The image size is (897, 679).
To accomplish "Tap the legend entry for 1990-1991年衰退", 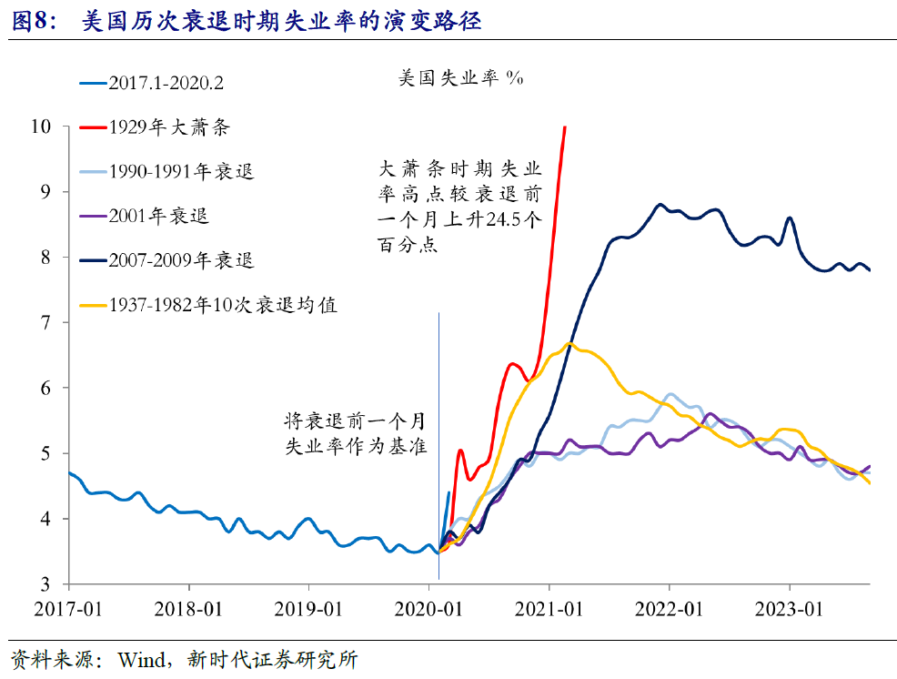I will coord(180,172).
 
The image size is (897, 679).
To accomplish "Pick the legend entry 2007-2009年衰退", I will coord(180,260).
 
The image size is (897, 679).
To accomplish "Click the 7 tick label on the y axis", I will coord(51,322).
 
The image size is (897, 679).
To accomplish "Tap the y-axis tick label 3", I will coord(51,584).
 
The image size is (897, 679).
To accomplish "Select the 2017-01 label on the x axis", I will coord(69,608).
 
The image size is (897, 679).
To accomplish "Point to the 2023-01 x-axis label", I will coord(790,608).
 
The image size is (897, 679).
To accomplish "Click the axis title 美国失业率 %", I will coord(460,79).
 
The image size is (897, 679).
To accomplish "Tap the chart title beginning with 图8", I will coord(246,20).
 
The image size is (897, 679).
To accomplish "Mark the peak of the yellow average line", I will coord(569,343).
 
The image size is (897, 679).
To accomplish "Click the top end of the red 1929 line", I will coord(565,127).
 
